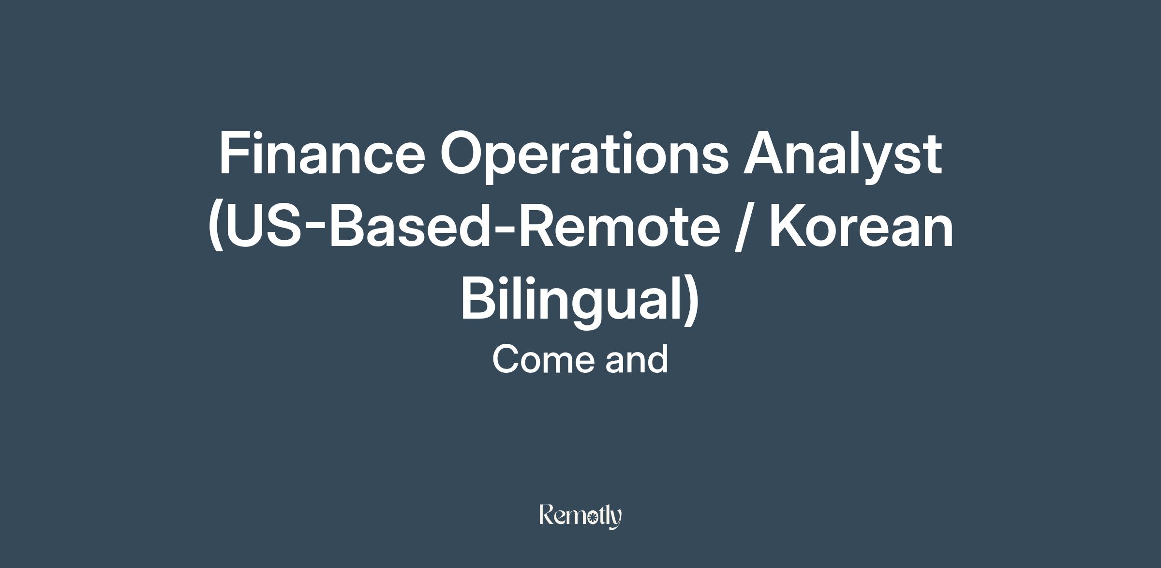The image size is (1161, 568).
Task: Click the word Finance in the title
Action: click(x=322, y=153)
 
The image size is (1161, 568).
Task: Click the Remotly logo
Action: click(x=580, y=516)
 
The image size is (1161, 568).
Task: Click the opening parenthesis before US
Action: click(x=216, y=228)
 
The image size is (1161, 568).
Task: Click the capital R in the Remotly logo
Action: click(x=547, y=514)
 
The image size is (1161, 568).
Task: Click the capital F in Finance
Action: click(x=236, y=153)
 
